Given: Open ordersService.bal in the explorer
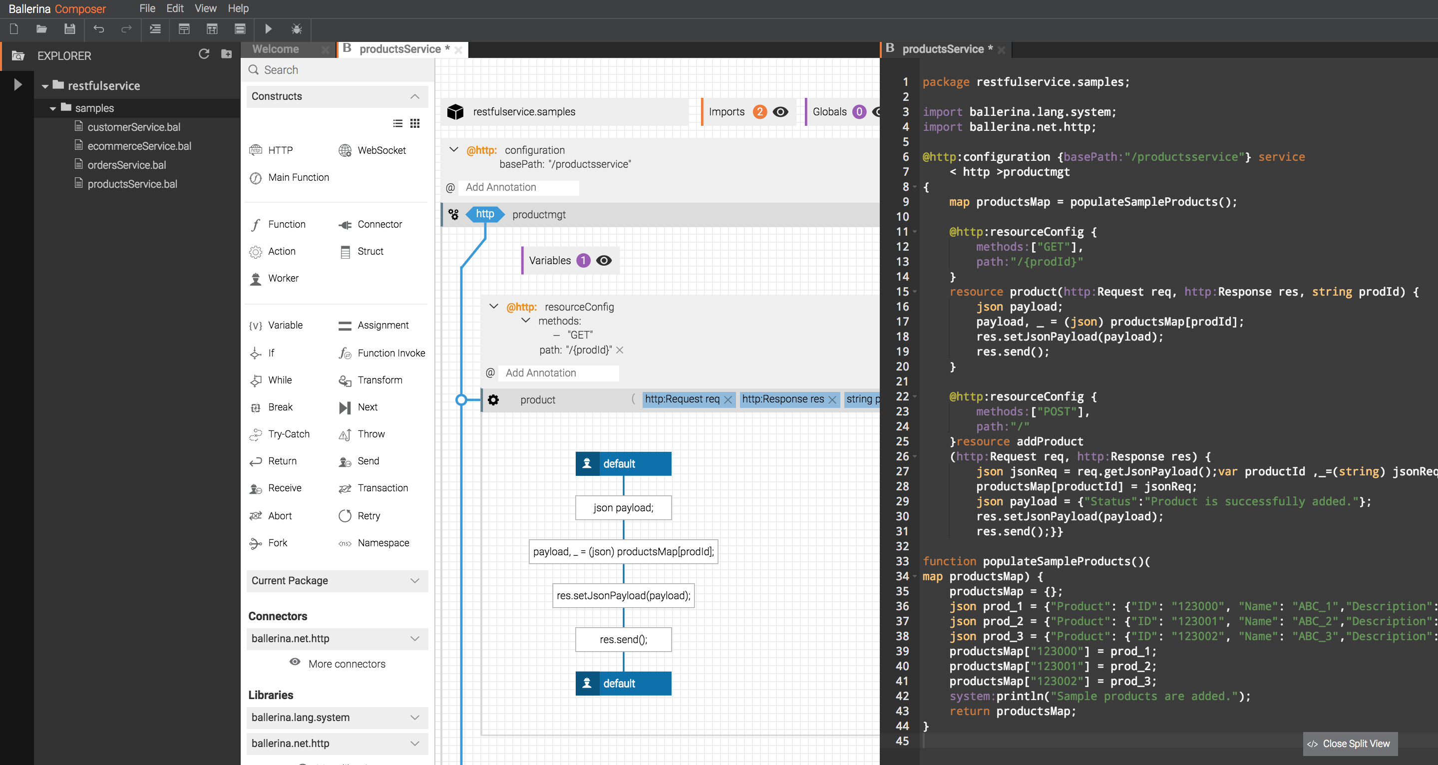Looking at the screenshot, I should click(x=127, y=165).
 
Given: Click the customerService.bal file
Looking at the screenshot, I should click(x=133, y=127).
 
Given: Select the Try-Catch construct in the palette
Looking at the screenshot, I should click(x=288, y=434).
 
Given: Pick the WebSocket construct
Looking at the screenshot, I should click(x=381, y=150).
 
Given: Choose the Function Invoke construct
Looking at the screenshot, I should click(x=391, y=353).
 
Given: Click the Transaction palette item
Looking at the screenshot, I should click(x=382, y=488).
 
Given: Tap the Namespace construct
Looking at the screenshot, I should click(x=383, y=543).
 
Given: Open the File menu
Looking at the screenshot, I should click(x=147, y=8).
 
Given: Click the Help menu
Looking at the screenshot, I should click(x=238, y=8).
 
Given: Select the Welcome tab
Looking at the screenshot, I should click(x=276, y=49).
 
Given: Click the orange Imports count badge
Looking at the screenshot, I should click(x=759, y=112).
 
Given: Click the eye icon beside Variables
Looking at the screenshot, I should click(x=604, y=261).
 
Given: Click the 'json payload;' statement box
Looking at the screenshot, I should click(x=623, y=507).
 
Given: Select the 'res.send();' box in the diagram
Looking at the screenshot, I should click(x=623, y=639).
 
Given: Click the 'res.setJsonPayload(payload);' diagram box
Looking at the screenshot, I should click(x=623, y=596).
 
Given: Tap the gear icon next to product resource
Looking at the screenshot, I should click(x=493, y=400).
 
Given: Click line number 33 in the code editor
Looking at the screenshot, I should click(x=902, y=561).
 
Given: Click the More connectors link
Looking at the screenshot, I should click(x=347, y=664).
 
